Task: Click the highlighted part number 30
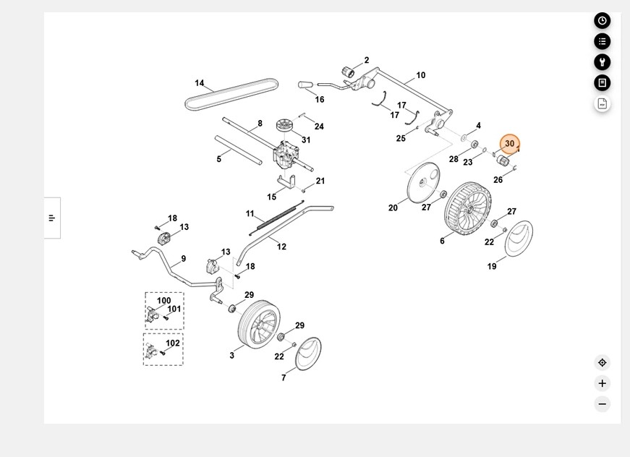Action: (510, 144)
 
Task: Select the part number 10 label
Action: (421, 75)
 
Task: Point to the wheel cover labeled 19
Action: (518, 239)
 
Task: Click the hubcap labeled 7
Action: (309, 354)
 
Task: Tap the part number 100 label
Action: (164, 301)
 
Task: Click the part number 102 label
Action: (173, 343)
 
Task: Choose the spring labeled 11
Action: (273, 218)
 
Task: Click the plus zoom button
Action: (602, 383)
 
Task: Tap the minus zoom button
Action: (602, 404)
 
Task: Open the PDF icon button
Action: (602, 103)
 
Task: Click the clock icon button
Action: (602, 20)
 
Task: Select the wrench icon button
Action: (602, 62)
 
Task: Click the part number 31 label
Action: (306, 140)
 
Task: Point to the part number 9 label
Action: (184, 259)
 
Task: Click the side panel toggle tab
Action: (52, 218)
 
